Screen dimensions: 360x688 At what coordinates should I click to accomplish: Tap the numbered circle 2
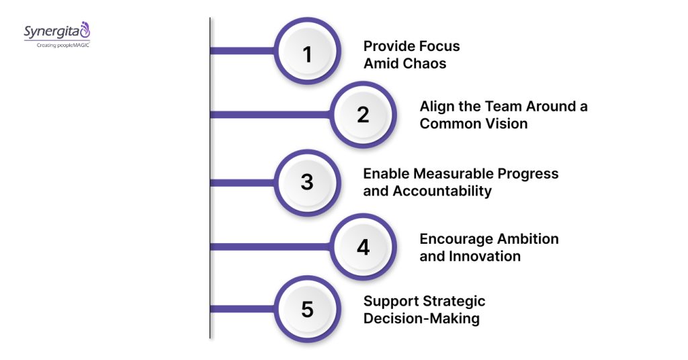pyautogui.click(x=363, y=115)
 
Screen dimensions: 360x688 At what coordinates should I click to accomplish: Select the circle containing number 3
pyautogui.click(x=308, y=182)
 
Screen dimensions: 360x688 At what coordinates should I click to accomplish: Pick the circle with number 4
pyautogui.click(x=363, y=247)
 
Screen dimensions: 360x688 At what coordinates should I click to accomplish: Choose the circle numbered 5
pyautogui.click(x=308, y=310)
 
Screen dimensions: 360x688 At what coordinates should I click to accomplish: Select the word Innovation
pyautogui.click(x=482, y=256)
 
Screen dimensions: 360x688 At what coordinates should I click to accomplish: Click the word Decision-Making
pyautogui.click(x=421, y=318)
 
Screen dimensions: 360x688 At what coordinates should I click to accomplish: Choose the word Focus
pyautogui.click(x=440, y=46)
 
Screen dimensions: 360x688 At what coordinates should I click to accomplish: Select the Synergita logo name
pyautogui.click(x=52, y=32)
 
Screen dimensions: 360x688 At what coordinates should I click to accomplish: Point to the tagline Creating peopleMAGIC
pyautogui.click(x=58, y=44)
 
